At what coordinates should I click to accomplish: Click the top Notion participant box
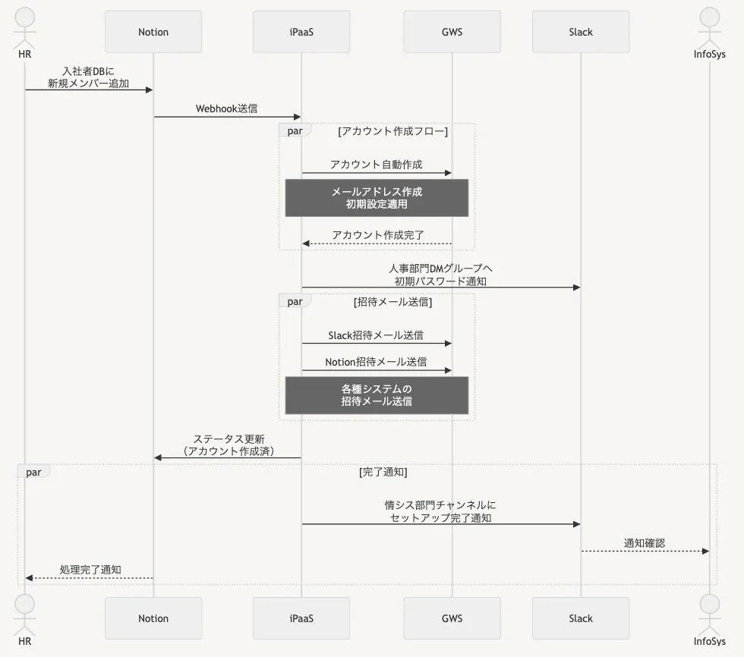click(153, 32)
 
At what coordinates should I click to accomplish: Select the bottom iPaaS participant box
click(301, 618)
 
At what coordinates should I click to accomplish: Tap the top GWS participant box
click(452, 32)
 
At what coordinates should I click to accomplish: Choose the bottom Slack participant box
click(581, 618)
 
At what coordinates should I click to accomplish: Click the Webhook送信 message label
click(226, 108)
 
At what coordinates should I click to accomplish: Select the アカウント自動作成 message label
click(376, 164)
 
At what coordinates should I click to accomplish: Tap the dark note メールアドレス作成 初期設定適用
click(377, 198)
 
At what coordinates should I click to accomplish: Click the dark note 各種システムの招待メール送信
click(377, 395)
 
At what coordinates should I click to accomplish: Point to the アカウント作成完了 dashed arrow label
click(377, 234)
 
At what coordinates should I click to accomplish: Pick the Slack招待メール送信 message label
click(376, 335)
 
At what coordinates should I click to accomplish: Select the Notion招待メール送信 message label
click(376, 362)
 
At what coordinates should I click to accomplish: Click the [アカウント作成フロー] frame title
click(392, 131)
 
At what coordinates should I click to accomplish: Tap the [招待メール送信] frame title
click(392, 301)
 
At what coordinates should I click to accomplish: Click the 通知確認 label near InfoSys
click(645, 542)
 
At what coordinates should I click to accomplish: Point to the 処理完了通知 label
click(90, 569)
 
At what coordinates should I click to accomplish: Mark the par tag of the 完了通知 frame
click(33, 472)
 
